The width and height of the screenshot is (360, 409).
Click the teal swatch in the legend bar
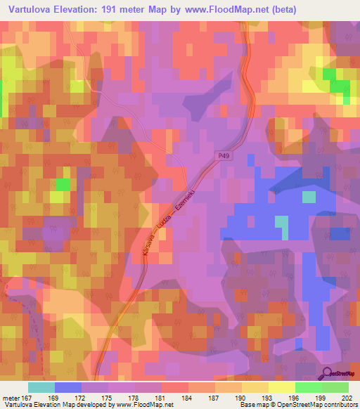point(41,387)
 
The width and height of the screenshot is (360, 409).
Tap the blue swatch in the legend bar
point(68,387)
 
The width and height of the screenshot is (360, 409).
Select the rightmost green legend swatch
point(335,387)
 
